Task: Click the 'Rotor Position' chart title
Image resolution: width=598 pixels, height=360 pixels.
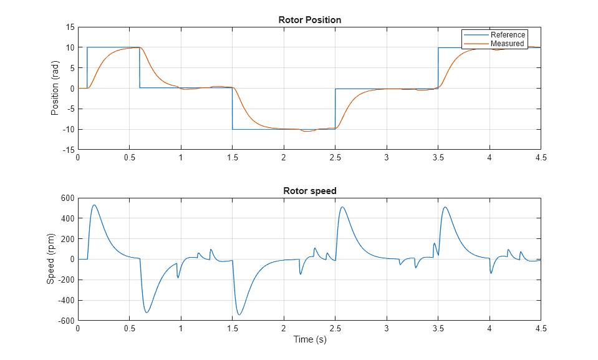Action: coord(309,20)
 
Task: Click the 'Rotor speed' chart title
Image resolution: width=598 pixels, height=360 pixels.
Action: coord(309,190)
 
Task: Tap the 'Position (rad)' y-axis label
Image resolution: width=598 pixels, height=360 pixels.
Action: coord(55,88)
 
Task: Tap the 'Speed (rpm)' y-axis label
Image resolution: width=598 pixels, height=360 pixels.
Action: coord(51,259)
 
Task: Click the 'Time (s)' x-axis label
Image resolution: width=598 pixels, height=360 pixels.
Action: coord(309,340)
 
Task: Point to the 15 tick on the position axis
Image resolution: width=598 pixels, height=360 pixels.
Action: coord(69,27)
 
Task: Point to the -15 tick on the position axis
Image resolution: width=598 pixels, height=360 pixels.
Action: coord(67,150)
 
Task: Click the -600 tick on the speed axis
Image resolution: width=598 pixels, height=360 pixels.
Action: coord(65,321)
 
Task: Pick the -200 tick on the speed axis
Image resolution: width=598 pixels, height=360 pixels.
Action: coord(65,280)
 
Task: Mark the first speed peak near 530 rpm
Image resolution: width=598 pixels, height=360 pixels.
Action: coord(94,205)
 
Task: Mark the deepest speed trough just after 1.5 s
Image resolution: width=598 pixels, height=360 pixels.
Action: coord(239,314)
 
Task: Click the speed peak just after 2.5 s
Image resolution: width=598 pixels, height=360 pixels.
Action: coord(342,207)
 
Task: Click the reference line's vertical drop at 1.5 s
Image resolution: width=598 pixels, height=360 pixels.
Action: coord(232,109)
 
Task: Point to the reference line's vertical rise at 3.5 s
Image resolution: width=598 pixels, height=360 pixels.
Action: coord(438,69)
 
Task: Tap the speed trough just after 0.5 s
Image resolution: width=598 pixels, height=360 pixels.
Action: coord(147,313)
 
